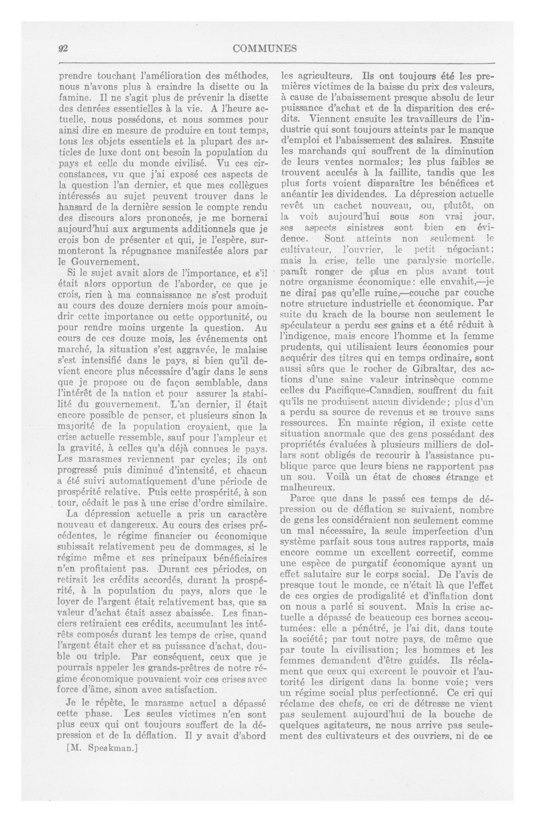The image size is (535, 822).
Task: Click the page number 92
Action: (x=62, y=49)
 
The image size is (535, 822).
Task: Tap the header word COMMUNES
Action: (x=265, y=49)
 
